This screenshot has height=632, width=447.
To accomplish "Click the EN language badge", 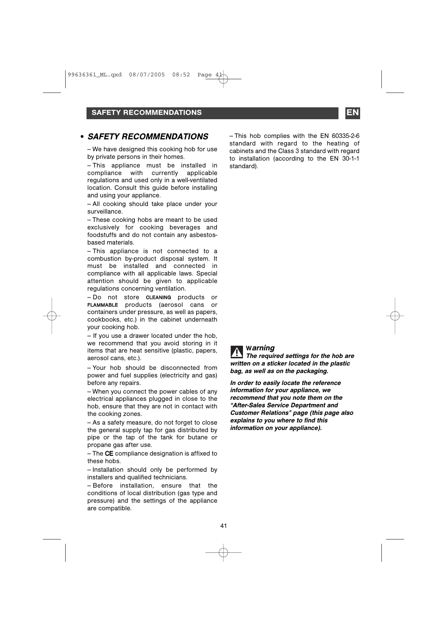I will coord(353,113).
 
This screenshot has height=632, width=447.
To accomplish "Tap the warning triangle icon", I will coord(237,351).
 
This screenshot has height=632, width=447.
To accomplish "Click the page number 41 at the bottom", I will coord(223,526).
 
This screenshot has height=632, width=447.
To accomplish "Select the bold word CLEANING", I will coord(158,297).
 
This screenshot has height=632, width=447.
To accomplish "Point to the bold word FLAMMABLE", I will coord(102,305).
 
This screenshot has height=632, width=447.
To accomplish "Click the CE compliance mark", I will coord(109,454).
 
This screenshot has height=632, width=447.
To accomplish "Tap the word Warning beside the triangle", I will coord(260,348).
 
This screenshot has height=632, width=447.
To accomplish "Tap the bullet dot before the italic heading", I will coord(83,137).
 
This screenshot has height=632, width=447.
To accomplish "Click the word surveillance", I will coord(105,212).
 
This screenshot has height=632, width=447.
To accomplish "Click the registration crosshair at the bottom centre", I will coord(223,552).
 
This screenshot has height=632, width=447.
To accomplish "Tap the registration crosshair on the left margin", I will coord(52,316).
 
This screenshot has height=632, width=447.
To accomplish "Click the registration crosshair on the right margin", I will coord(395,316).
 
